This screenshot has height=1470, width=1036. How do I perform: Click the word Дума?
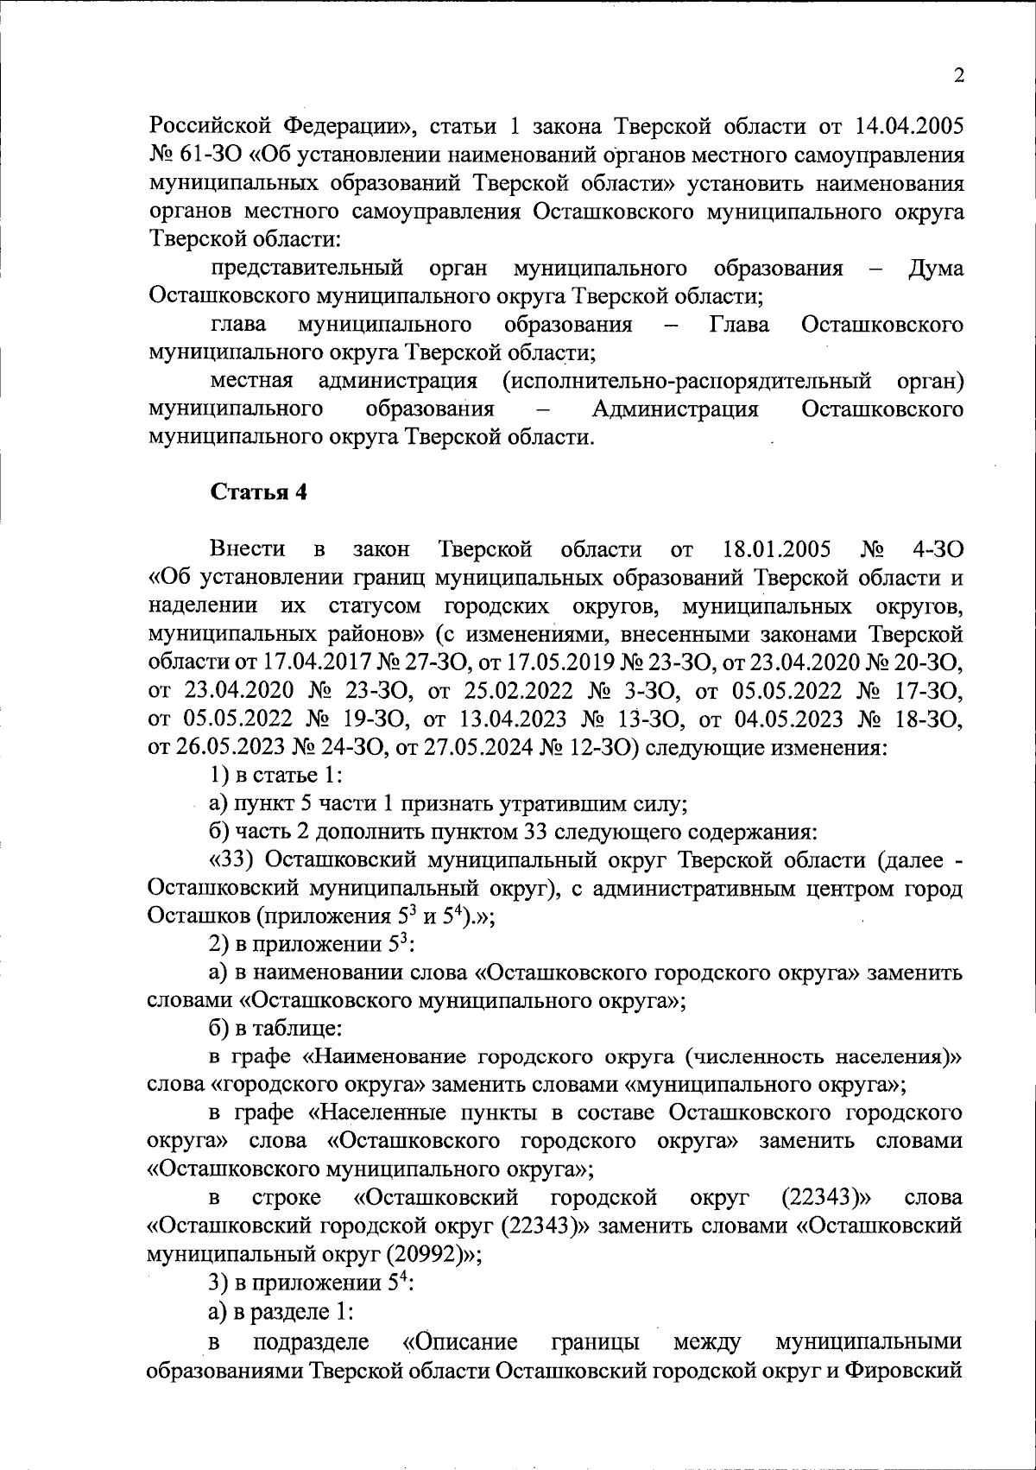coord(936,268)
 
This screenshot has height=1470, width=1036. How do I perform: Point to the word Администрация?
coord(675,409)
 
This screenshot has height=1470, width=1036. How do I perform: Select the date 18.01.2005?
coord(774,548)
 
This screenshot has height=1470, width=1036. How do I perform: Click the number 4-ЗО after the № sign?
coord(937,548)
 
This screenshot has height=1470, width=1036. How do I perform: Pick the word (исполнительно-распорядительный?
coord(687,380)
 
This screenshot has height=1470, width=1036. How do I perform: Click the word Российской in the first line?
coord(205,127)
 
